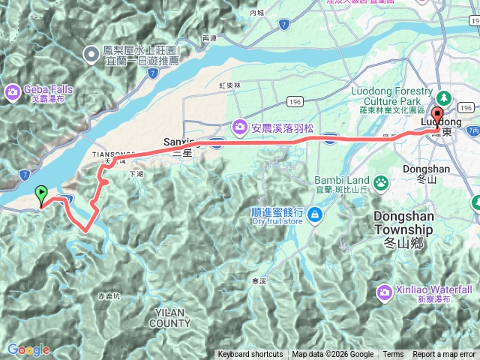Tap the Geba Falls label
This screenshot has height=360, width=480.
pos(48,89)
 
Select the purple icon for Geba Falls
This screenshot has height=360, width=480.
pos(12,92)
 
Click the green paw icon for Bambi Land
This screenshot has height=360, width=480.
pos(381,181)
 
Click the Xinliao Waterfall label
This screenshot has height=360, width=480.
pos(434,289)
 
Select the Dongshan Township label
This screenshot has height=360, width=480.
pos(403,223)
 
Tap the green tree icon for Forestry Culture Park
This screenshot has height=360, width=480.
pos(442,97)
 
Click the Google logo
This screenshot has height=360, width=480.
pos(28,349)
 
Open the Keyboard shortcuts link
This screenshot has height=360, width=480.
pos(250,355)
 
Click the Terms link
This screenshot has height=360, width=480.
pos(393,355)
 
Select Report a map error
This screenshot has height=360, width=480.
pos(444,355)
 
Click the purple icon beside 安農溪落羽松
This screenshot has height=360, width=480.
pos(240,125)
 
